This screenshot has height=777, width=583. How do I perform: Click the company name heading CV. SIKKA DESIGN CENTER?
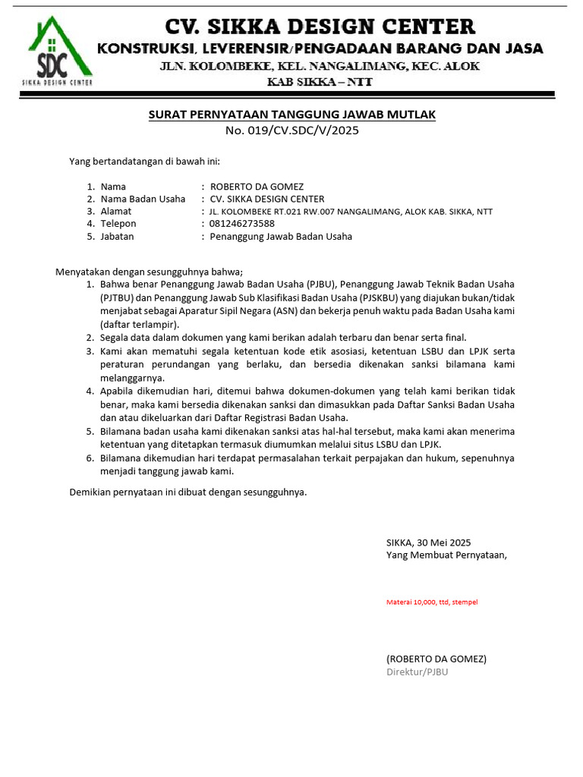pos(320,27)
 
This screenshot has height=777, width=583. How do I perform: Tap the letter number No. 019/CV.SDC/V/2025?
pos(291,130)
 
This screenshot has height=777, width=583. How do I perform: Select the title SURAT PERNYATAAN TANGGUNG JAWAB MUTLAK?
pos(291,115)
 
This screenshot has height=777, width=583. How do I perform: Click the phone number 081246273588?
pos(242,224)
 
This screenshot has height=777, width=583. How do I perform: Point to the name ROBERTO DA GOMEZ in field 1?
pos(257,187)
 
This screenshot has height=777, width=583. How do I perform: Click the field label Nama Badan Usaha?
pos(143,199)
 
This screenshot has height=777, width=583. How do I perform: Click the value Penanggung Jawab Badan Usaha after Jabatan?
pos(281,236)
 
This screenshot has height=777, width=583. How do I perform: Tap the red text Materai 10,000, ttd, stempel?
pos(432,602)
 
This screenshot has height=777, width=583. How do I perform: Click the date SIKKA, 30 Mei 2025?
pos(428,543)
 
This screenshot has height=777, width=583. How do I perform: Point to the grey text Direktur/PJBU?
pos(417,672)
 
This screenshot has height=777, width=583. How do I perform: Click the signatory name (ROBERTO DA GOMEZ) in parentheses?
pos(436,659)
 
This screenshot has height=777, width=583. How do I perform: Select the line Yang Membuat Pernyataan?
pos(446,555)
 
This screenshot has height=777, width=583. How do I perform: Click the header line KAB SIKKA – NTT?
pos(320,81)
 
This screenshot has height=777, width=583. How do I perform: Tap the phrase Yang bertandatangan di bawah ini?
pos(144,162)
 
